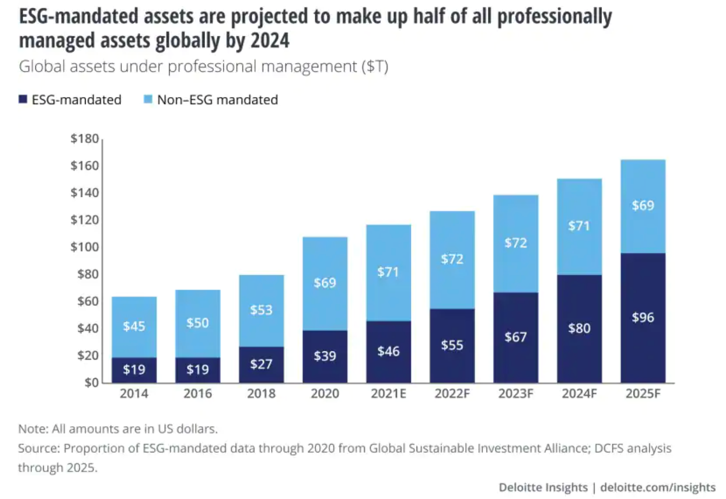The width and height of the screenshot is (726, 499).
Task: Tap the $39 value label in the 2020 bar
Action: pos(325,356)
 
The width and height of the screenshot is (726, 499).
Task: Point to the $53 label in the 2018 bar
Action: pos(261,310)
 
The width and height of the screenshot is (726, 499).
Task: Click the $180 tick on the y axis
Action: pos(85,139)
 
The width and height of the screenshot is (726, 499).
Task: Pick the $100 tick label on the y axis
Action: pos(85,247)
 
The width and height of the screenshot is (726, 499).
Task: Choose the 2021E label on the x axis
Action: pos(388,394)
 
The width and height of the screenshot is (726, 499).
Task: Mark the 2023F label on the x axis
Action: pos(515,394)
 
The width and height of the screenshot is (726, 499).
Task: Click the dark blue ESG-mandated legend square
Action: pos(23,99)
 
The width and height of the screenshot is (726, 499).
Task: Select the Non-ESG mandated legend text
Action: pos(217,100)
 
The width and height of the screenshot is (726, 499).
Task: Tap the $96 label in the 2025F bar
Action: pos(643,317)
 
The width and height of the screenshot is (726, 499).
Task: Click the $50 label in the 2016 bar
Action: pos(197,323)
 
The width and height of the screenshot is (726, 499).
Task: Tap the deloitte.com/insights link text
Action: pos(658,487)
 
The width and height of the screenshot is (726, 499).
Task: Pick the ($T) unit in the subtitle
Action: pos(375,66)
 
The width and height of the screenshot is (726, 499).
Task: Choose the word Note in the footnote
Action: pos(32,429)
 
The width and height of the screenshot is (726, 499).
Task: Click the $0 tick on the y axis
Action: pos(91,382)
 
